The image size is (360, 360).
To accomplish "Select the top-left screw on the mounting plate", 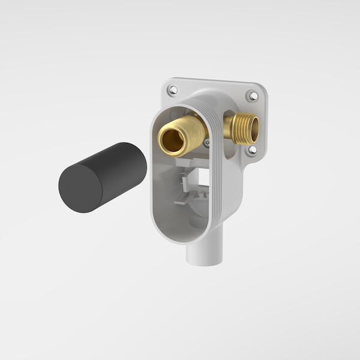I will pyautogui.click(x=173, y=90).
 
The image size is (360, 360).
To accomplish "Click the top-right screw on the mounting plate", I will pyautogui.click(x=253, y=95).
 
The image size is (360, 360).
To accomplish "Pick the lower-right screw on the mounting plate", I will pyautogui.click(x=252, y=149).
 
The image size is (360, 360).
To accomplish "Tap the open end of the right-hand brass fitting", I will pyautogui.click(x=253, y=127).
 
